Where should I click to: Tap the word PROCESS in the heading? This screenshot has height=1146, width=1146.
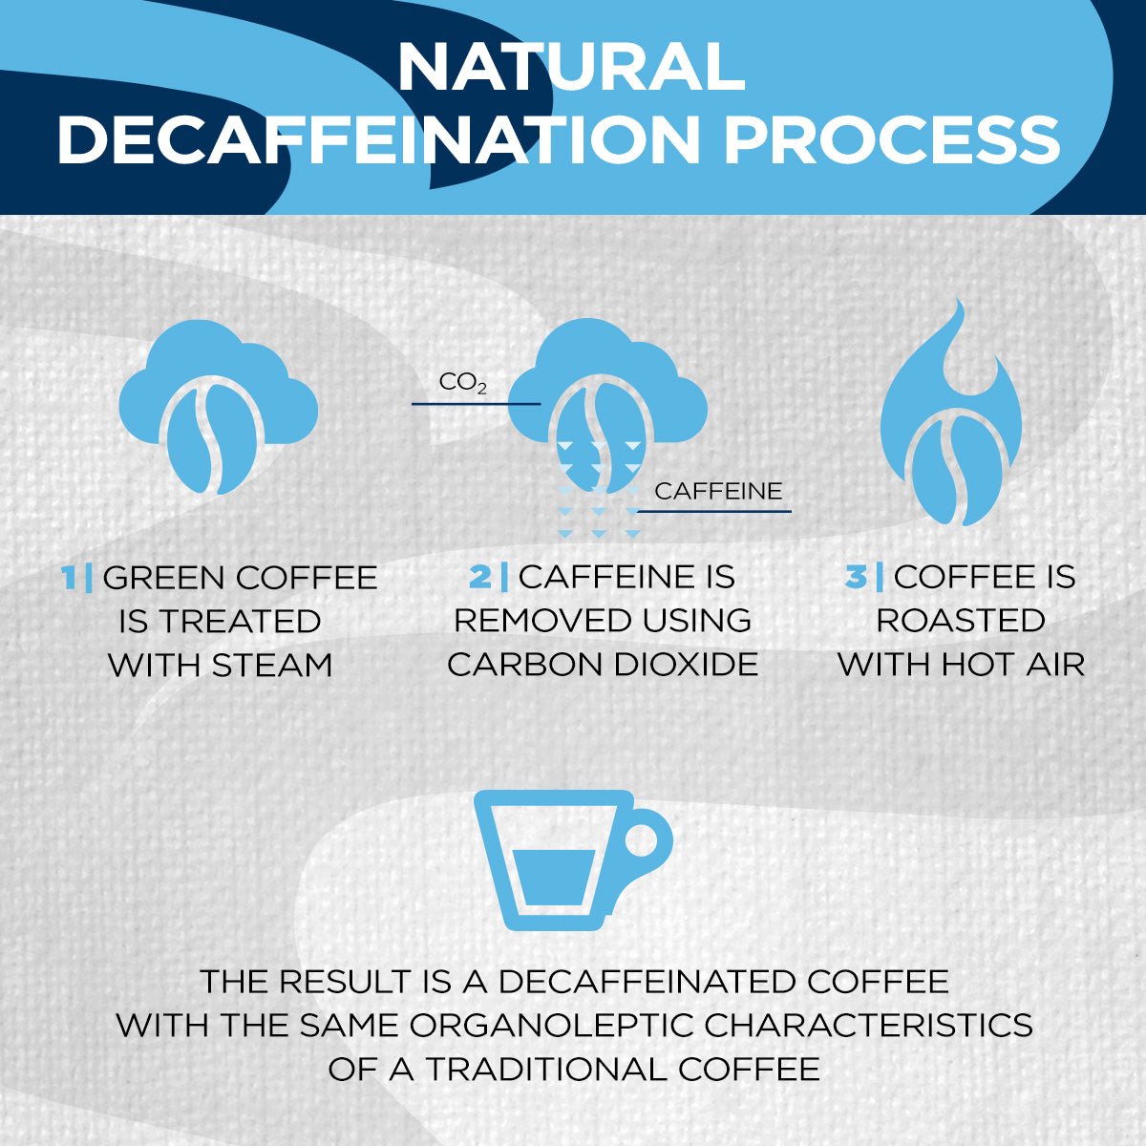point(892,139)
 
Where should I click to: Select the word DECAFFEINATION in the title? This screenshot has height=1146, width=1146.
point(380,139)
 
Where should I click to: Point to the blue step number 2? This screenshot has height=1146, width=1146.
point(479,577)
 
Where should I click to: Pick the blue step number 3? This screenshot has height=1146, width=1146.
point(856,577)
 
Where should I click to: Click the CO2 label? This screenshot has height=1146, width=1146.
point(463,384)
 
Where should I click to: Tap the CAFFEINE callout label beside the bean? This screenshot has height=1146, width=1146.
point(718,492)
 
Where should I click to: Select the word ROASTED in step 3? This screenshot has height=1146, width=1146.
point(961,621)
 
